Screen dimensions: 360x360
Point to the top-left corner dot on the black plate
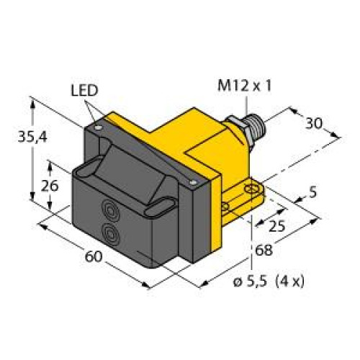[99, 127]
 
